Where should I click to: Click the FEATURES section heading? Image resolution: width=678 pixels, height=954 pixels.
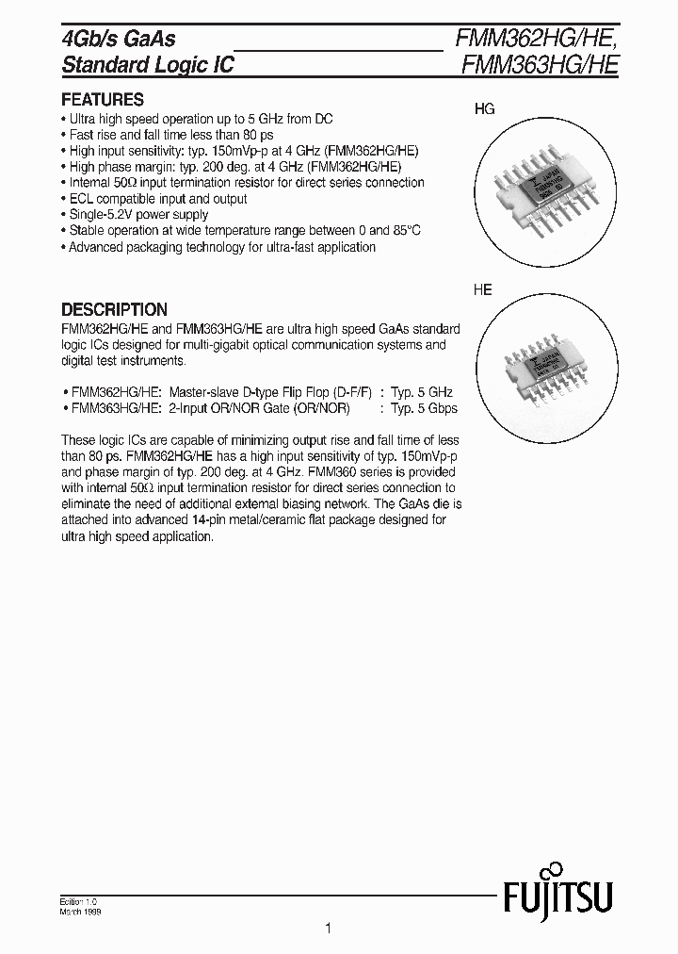(102, 100)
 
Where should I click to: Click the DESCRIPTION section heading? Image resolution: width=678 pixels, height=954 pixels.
(114, 309)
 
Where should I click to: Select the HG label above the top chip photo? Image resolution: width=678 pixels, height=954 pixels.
(484, 109)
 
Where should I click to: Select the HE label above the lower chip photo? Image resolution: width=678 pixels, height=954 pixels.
(482, 290)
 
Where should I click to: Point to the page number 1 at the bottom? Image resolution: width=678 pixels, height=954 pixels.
(328, 929)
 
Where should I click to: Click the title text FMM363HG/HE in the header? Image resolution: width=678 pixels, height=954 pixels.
(537, 65)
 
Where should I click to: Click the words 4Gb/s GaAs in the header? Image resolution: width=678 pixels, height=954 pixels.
(118, 39)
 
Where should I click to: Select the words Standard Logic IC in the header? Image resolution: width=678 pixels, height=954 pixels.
(147, 65)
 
